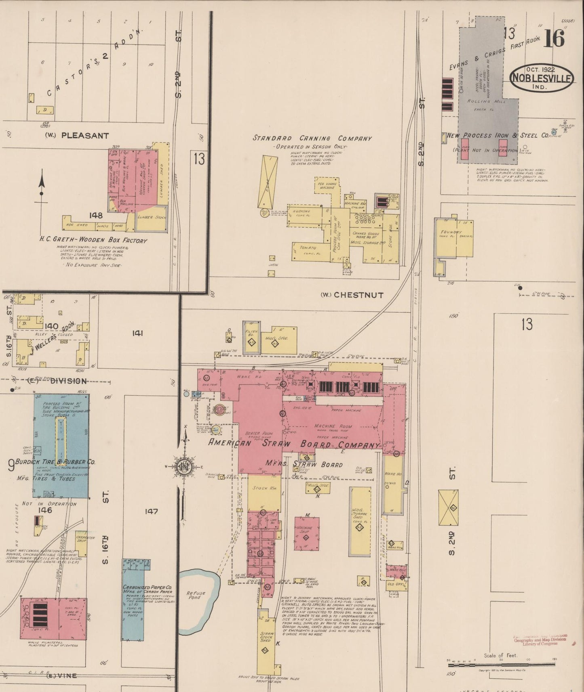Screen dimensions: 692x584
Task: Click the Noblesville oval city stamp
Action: pyautogui.click(x=542, y=78)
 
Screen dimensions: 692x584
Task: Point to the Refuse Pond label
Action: pyautogui.click(x=196, y=596)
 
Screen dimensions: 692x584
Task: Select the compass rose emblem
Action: pyautogui.click(x=185, y=467)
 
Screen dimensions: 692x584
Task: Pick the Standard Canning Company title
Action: pyautogui.click(x=312, y=138)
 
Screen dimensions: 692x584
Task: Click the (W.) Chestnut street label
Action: pyautogui.click(x=352, y=295)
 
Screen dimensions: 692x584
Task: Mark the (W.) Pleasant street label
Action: pyautogui.click(x=77, y=136)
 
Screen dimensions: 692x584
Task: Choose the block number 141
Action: pyautogui.click(x=138, y=333)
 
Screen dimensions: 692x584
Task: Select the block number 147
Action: pyautogui.click(x=151, y=512)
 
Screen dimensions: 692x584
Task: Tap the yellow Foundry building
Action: pyautogui.click(x=453, y=238)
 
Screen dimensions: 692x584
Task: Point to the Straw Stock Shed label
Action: pyautogui.click(x=266, y=636)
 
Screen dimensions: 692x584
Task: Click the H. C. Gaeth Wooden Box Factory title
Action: pyautogui.click(x=93, y=241)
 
